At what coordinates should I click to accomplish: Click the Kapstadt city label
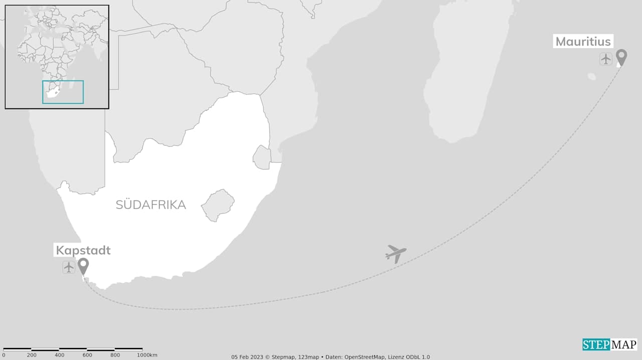click(x=83, y=250)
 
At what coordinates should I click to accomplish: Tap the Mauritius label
click(x=583, y=42)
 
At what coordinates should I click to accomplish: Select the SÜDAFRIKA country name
click(x=150, y=205)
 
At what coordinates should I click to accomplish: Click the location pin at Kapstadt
click(x=83, y=266)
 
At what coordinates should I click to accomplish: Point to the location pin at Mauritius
click(x=621, y=57)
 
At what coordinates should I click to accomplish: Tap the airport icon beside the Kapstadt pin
click(x=69, y=267)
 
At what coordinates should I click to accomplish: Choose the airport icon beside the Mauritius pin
click(x=606, y=59)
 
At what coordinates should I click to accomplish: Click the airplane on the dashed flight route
click(x=396, y=253)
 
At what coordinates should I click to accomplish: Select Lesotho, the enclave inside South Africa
click(x=218, y=205)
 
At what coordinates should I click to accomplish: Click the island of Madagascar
click(x=466, y=75)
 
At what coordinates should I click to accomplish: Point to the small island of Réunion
click(x=592, y=77)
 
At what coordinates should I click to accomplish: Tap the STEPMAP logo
click(x=609, y=344)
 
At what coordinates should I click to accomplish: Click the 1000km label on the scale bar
click(x=147, y=355)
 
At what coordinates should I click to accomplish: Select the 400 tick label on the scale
click(x=60, y=355)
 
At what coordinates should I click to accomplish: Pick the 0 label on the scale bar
click(x=4, y=355)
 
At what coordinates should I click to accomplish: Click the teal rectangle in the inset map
click(x=63, y=92)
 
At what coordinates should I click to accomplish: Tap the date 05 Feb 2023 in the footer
click(x=248, y=357)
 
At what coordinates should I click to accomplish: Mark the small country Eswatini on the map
click(x=262, y=157)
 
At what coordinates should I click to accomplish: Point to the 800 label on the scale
click(x=115, y=355)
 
